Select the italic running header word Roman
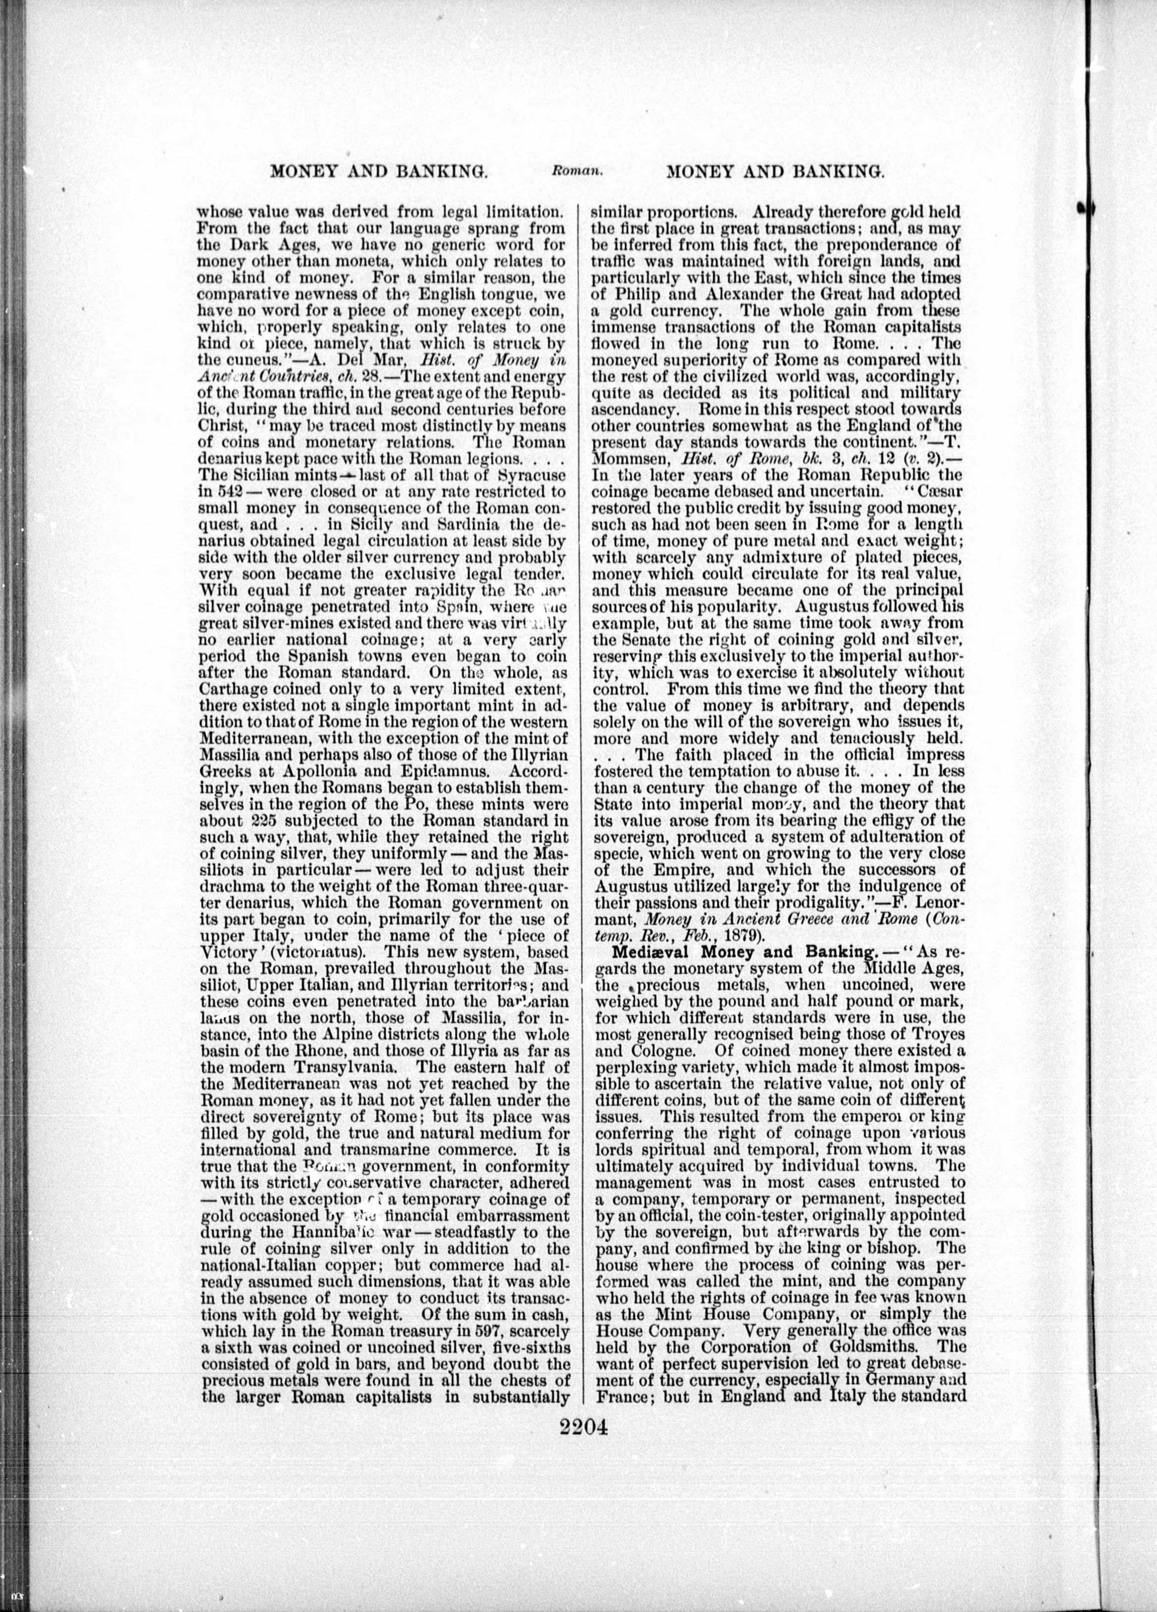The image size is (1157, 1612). pyautogui.click(x=576, y=171)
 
